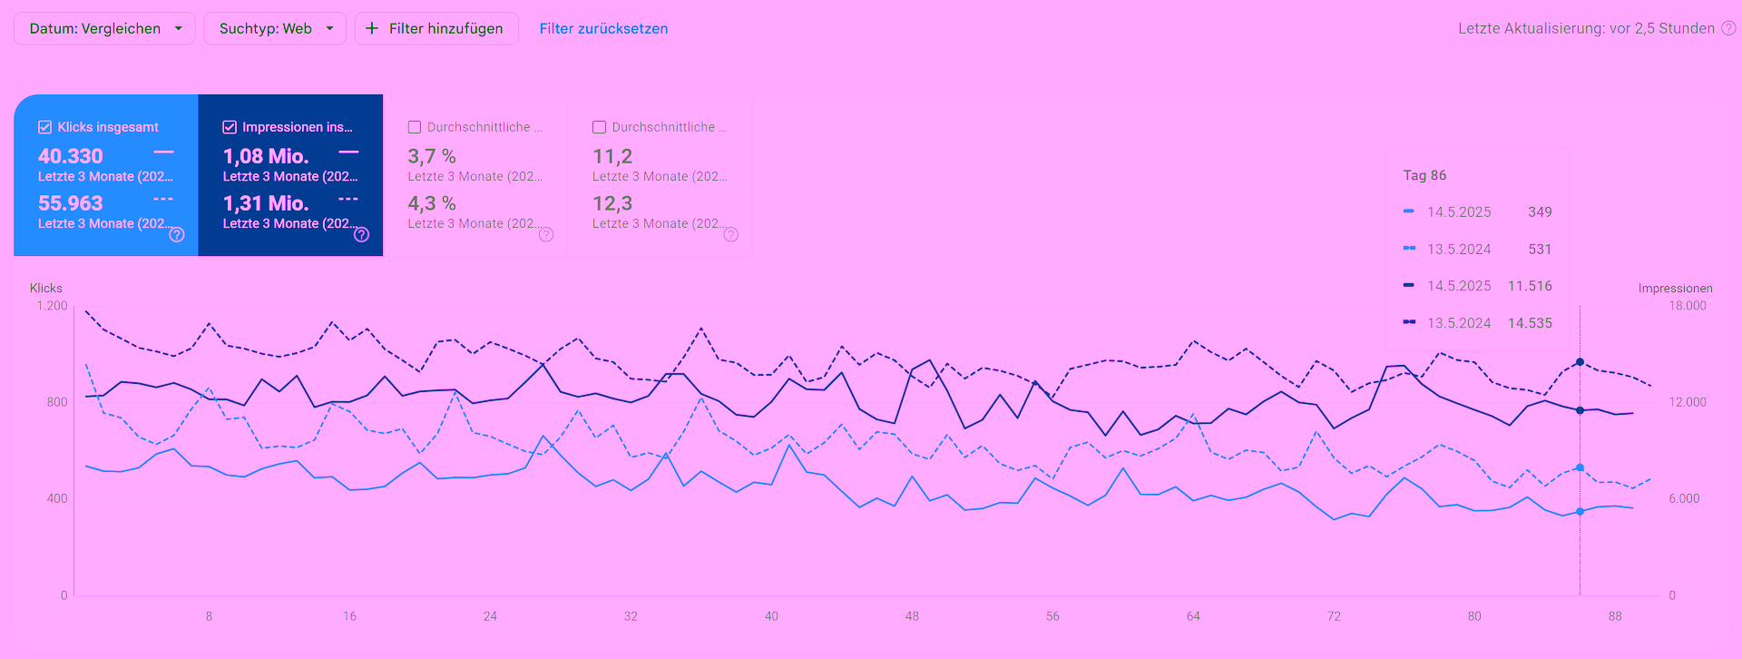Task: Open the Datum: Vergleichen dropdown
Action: (x=104, y=28)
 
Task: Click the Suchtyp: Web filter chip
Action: (x=275, y=28)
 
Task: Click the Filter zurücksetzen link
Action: (x=603, y=28)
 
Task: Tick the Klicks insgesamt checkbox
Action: (x=44, y=127)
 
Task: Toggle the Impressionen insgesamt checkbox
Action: (x=230, y=127)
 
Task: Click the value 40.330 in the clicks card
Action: (x=71, y=156)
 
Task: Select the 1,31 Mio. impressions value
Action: (x=266, y=203)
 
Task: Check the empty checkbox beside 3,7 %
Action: (x=415, y=127)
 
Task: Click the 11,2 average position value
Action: (x=612, y=156)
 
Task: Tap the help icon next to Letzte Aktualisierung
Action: (x=1728, y=28)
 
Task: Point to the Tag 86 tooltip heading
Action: (x=1424, y=175)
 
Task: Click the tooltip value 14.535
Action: (x=1530, y=323)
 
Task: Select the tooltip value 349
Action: (x=1540, y=212)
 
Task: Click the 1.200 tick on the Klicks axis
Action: (x=52, y=306)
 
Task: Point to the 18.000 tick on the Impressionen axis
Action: (x=1688, y=306)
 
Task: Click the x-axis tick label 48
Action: (x=912, y=616)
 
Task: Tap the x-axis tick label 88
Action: (x=1615, y=616)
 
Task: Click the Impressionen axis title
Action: (x=1675, y=289)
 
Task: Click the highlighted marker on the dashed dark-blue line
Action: (x=1580, y=362)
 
